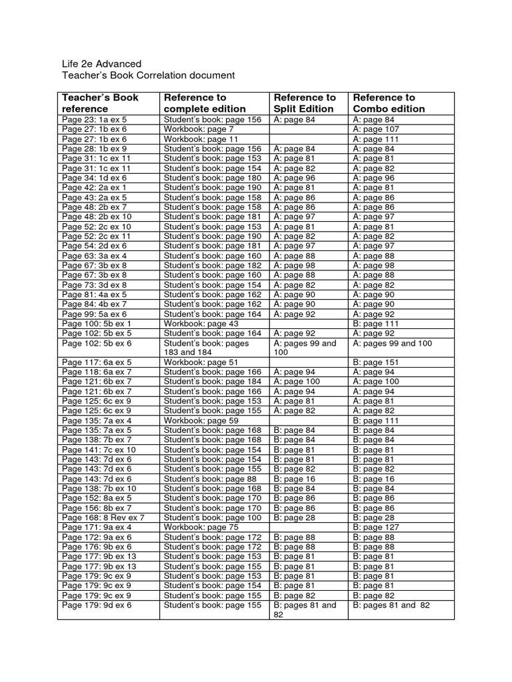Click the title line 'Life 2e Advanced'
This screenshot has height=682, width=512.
click(x=101, y=64)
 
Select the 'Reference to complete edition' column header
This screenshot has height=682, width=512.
click(x=205, y=103)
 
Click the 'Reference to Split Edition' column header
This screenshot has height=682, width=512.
click(x=305, y=103)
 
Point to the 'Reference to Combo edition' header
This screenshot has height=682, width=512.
click(x=389, y=103)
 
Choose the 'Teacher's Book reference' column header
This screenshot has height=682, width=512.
click(x=100, y=103)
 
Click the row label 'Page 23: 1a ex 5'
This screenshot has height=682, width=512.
click(x=94, y=120)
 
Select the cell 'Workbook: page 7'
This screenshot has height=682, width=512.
click(x=199, y=129)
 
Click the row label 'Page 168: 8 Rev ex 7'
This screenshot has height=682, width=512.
click(x=103, y=517)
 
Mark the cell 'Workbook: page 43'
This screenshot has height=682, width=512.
click(x=201, y=324)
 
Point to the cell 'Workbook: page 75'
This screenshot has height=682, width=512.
click(x=201, y=527)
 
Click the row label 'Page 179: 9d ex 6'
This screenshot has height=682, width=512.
click(x=97, y=605)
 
